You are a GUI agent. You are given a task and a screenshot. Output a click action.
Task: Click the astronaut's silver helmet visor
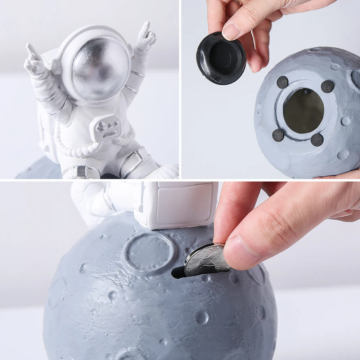tap(101, 68)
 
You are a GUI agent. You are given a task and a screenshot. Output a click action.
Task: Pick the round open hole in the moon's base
tap(303, 111)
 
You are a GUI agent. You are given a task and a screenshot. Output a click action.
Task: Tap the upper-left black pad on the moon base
tap(283, 82)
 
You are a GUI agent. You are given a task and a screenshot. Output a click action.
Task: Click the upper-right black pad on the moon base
tap(327, 86)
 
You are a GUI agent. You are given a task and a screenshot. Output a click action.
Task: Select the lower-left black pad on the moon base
tap(278, 135)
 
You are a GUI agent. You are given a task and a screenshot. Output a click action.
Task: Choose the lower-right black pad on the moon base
tap(317, 140)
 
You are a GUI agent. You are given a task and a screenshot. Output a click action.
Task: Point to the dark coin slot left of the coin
tap(178, 273)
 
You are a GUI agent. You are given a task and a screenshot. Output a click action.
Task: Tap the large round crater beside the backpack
tap(149, 251)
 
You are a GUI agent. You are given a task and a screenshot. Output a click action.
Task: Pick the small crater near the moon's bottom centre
tap(202, 317)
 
